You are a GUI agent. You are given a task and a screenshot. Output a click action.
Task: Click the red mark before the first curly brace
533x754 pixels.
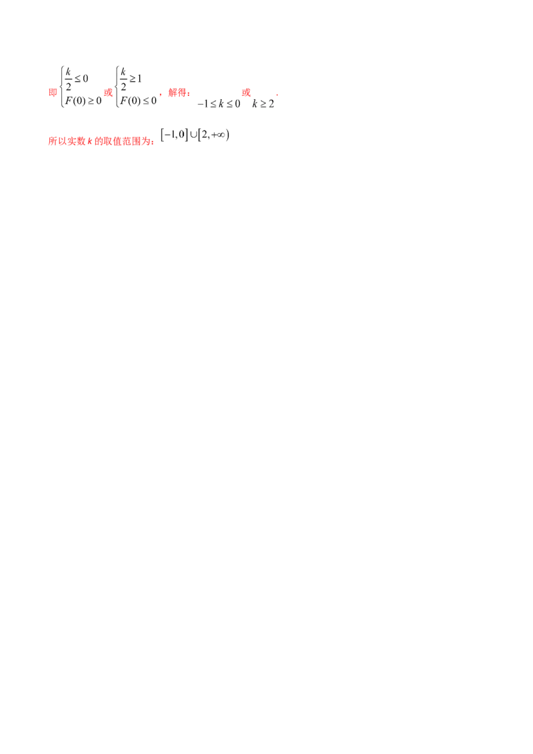[x=51, y=93]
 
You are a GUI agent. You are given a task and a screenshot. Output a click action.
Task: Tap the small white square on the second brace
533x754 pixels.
[x=119, y=93]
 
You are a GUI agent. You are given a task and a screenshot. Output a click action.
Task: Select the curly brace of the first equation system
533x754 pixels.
[x=61, y=85]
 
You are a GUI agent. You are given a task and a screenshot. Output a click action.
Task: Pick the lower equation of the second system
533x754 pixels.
[x=137, y=101]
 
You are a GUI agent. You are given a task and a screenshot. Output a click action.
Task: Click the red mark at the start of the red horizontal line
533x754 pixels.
[x=245, y=92]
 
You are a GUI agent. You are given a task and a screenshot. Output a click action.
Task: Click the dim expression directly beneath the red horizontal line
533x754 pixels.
[x=264, y=103]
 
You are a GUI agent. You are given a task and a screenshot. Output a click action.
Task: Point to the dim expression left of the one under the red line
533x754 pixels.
[x=225, y=103]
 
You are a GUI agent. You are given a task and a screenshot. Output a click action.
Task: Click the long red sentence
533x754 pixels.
[x=101, y=141]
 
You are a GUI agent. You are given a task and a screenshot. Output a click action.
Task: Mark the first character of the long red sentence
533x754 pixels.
[x=51, y=141]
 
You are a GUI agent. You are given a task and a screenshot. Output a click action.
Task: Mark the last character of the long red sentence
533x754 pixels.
[x=151, y=141]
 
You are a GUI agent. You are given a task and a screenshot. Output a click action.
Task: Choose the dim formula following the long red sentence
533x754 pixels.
[x=195, y=137]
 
